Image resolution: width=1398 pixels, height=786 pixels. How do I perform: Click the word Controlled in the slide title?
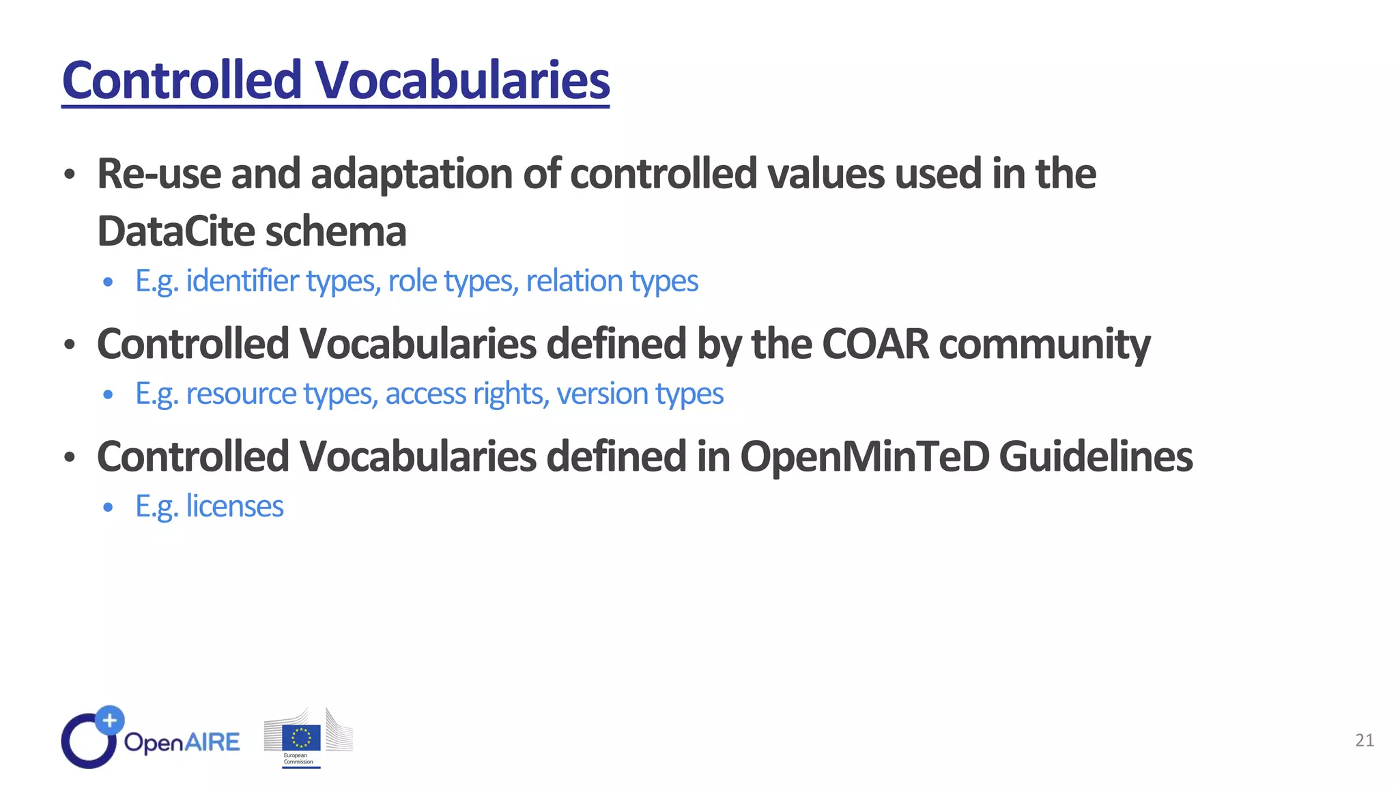(182, 80)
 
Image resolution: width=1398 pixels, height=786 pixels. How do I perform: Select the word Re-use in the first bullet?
(159, 173)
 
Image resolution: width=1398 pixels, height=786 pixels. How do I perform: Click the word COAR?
(875, 343)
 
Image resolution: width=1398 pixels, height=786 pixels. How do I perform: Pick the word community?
(1044, 345)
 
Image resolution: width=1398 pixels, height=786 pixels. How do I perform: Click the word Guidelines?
(1096, 456)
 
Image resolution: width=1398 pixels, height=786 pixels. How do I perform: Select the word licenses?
(234, 506)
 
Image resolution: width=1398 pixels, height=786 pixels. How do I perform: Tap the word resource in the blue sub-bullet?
(241, 394)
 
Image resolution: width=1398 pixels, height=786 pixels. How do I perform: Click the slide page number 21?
(1364, 740)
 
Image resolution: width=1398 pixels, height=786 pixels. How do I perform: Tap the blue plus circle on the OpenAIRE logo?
(109, 720)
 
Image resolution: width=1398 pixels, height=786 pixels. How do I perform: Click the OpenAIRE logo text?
(182, 742)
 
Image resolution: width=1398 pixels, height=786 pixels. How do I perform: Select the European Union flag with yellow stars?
(301, 738)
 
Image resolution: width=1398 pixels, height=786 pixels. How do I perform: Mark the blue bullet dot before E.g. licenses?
(108, 507)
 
